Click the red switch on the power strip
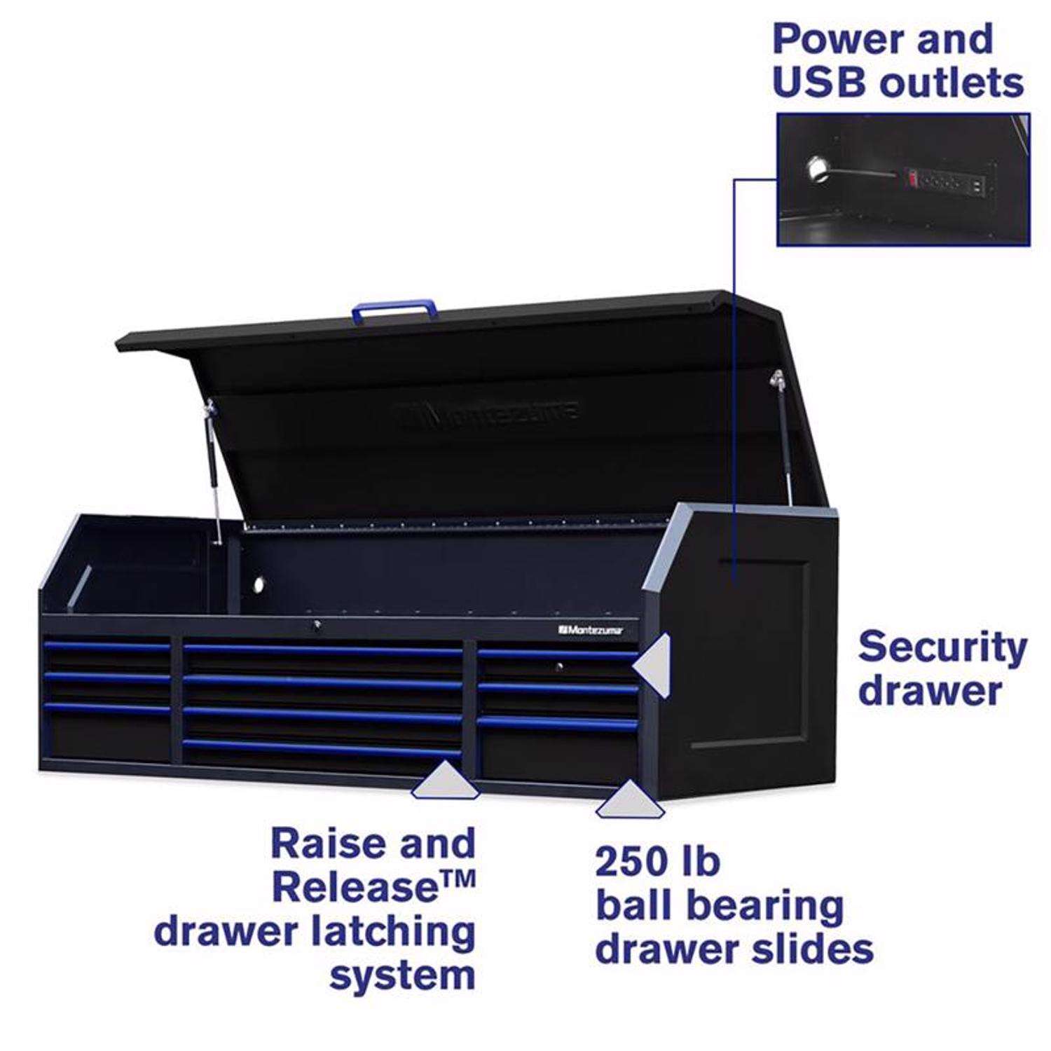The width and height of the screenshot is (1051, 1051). pyautogui.click(x=912, y=179)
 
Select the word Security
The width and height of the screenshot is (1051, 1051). pyautogui.click(x=942, y=647)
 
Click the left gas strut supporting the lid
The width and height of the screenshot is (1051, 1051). pyautogui.click(x=212, y=469)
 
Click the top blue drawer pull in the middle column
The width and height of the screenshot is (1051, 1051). pyautogui.click(x=322, y=651)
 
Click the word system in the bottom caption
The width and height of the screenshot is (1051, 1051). pyautogui.click(x=402, y=976)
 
